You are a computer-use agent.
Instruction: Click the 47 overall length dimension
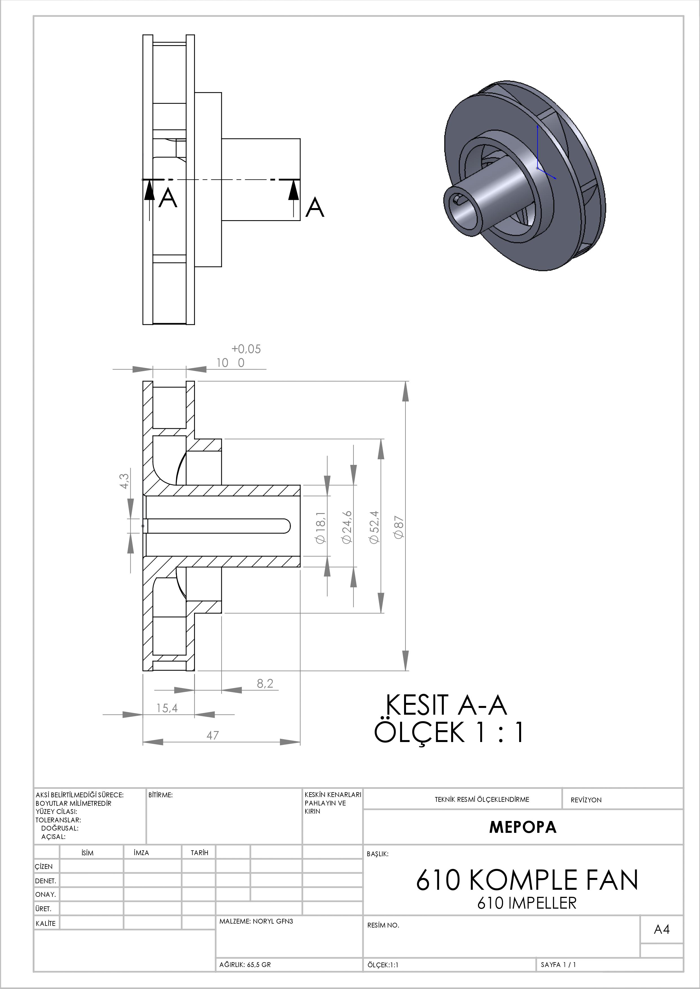[212, 735]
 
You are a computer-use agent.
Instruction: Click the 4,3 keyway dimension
[124, 481]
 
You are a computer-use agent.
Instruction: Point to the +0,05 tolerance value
[246, 349]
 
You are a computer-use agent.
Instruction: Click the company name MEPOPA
[523, 827]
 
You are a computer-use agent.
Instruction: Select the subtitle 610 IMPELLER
[527, 903]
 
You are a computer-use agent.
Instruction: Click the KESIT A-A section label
[446, 705]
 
